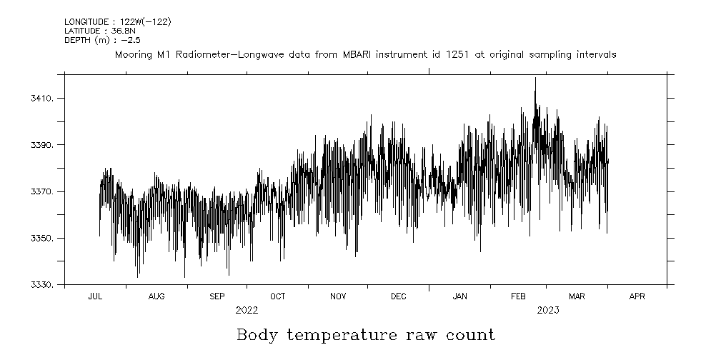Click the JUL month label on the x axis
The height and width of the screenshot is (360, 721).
coord(95,296)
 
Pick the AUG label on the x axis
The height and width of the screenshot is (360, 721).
coord(156,296)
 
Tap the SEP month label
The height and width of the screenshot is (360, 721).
coord(217,296)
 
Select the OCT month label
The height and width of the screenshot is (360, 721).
coord(277,296)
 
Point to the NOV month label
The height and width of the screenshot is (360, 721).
coord(338,296)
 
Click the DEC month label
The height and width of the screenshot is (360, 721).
coord(398,296)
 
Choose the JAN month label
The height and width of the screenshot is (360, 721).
coord(459,296)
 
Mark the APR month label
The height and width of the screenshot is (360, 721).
coord(637,296)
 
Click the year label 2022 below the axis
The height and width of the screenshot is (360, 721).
coord(247,311)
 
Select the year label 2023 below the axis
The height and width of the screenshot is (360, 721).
coord(548,311)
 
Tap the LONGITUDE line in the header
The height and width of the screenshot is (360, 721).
coord(117,22)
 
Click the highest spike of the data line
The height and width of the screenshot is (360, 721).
coord(535,79)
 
